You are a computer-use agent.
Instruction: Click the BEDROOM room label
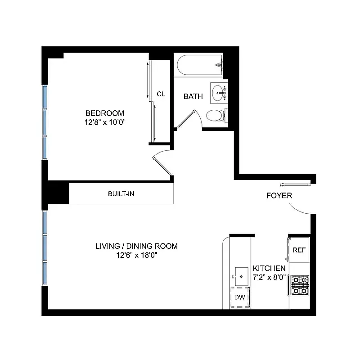click(x=105, y=113)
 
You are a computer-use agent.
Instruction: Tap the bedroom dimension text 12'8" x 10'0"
click(x=105, y=121)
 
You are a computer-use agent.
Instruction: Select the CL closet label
click(x=161, y=94)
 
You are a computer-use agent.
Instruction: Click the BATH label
click(x=193, y=96)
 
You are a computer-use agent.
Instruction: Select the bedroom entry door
click(x=162, y=165)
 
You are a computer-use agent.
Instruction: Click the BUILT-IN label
click(x=121, y=194)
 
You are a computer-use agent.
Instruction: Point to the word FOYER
click(x=279, y=196)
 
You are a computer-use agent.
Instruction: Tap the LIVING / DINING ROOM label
click(x=136, y=246)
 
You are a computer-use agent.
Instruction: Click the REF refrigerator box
click(x=299, y=250)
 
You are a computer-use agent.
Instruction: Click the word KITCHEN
click(x=269, y=268)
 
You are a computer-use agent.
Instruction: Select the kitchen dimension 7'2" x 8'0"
click(x=269, y=277)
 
